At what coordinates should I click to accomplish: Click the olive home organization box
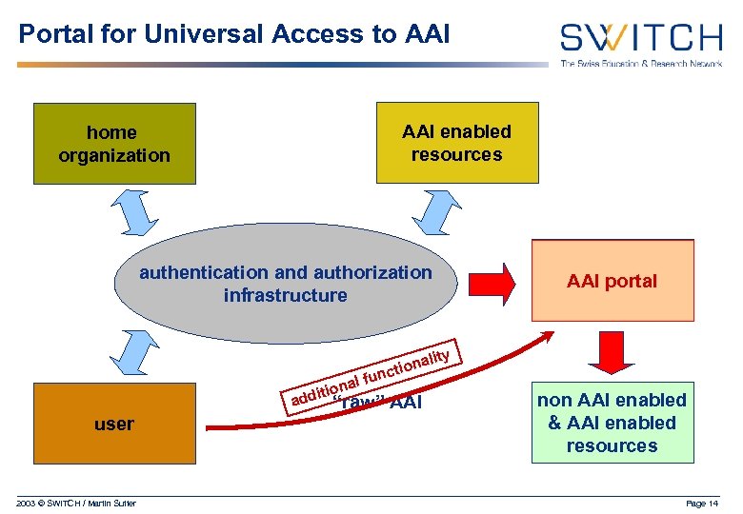[x=114, y=144]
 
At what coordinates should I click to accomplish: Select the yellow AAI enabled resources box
[x=456, y=143]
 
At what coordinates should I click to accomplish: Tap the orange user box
[x=114, y=424]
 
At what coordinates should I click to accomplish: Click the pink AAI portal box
[x=612, y=281]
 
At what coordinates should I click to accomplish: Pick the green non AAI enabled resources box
[x=612, y=423]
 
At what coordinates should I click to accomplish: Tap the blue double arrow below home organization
[x=134, y=210]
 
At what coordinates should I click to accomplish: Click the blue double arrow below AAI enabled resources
[x=440, y=210]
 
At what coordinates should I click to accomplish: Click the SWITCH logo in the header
[x=640, y=38]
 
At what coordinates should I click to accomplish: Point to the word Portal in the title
[x=48, y=34]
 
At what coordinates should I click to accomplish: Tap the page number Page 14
[x=702, y=503]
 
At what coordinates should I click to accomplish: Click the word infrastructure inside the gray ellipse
[x=286, y=295]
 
